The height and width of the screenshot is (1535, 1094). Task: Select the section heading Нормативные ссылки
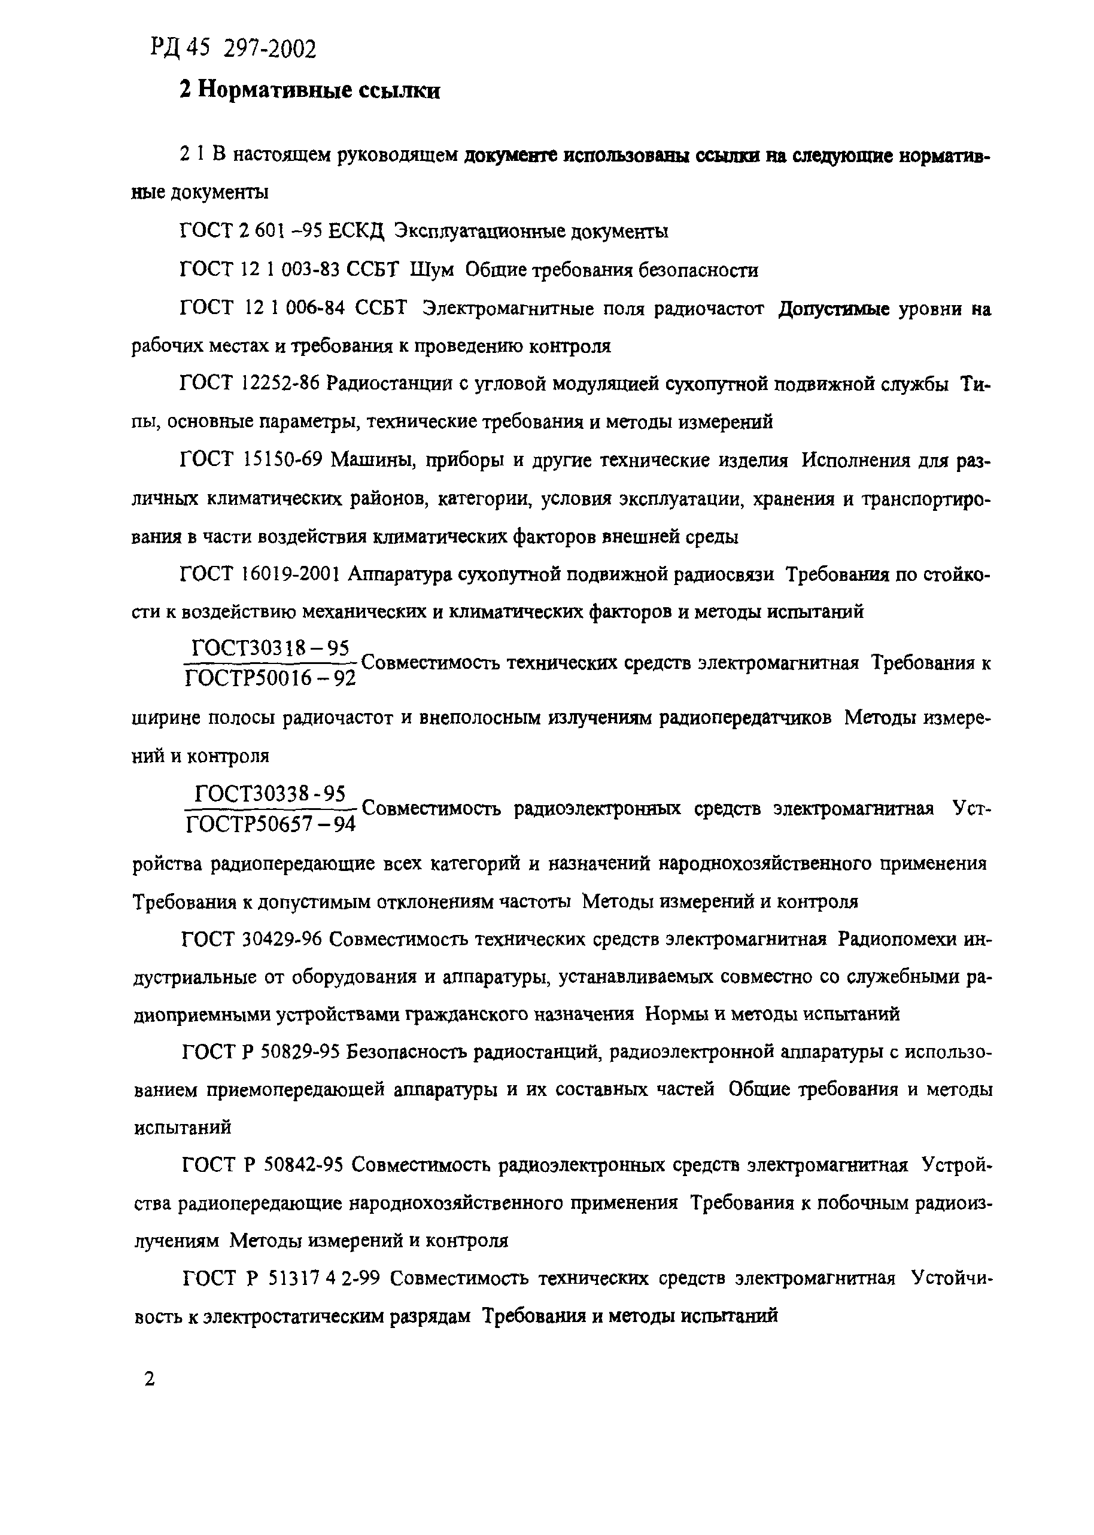coord(309,90)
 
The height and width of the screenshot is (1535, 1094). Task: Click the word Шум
coord(431,270)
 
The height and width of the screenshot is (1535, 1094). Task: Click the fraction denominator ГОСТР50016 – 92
coord(270,678)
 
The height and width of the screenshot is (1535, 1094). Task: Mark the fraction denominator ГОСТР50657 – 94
coord(270,823)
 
